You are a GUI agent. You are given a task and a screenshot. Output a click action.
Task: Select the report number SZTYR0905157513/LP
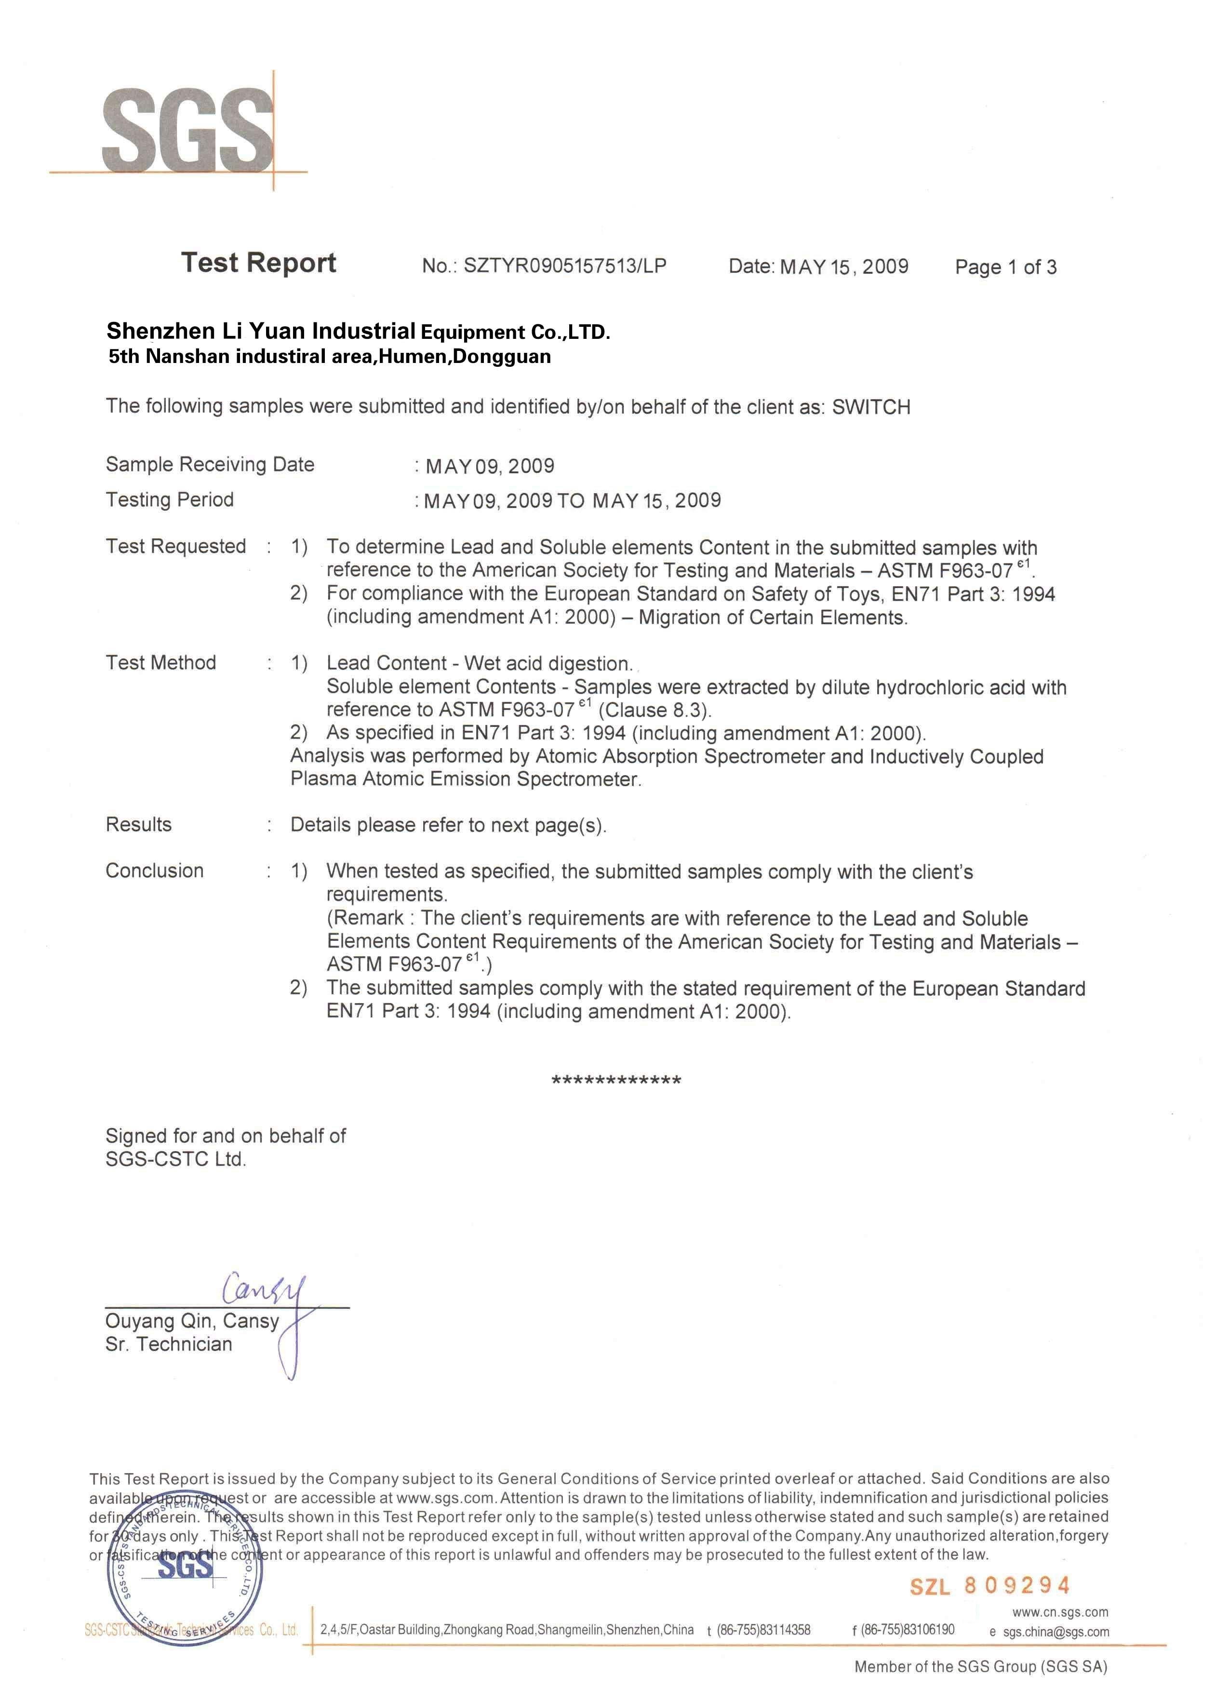coord(564,266)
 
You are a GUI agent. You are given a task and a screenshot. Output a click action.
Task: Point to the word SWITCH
coord(870,407)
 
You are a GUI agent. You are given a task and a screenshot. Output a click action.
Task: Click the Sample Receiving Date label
coord(210,465)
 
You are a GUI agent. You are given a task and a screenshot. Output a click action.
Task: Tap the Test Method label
coord(161,663)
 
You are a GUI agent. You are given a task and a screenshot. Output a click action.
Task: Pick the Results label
coord(138,824)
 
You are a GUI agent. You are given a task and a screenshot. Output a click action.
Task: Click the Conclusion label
coord(154,871)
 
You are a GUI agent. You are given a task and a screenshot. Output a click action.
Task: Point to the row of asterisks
coord(615,1081)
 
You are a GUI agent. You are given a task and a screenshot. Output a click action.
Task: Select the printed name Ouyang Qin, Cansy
coord(192,1321)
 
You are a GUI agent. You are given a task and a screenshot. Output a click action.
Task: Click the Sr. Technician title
coord(169,1344)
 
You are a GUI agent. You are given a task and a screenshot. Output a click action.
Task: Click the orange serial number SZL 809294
coord(989,1585)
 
